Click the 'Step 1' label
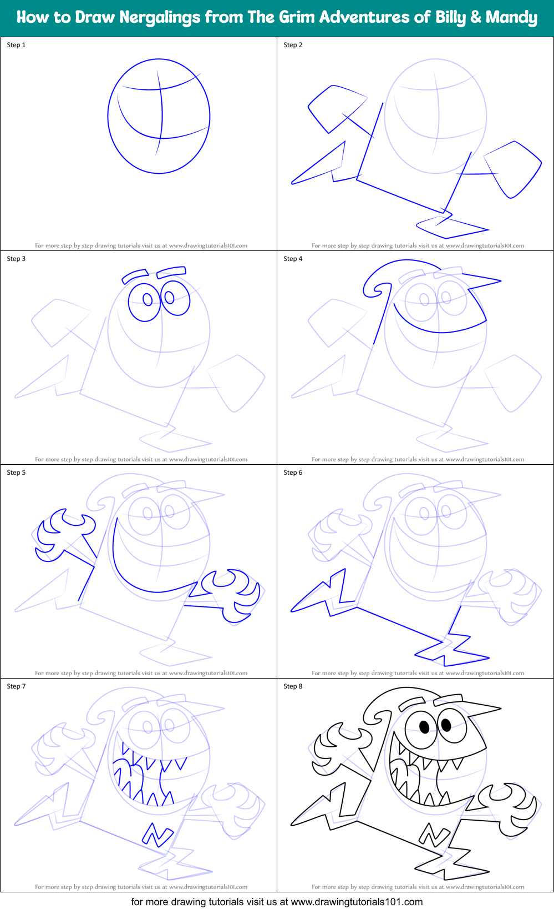click(16, 45)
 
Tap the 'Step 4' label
click(293, 259)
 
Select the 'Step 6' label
click(293, 473)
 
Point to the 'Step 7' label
click(16, 686)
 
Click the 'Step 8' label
click(293, 686)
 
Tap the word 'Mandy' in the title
click(511, 17)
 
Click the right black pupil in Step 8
click(446, 724)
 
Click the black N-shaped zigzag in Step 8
click(434, 834)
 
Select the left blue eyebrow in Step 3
click(135, 275)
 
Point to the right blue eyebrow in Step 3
click(171, 272)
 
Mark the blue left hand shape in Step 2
click(337, 107)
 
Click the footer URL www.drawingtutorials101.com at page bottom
click(357, 902)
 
